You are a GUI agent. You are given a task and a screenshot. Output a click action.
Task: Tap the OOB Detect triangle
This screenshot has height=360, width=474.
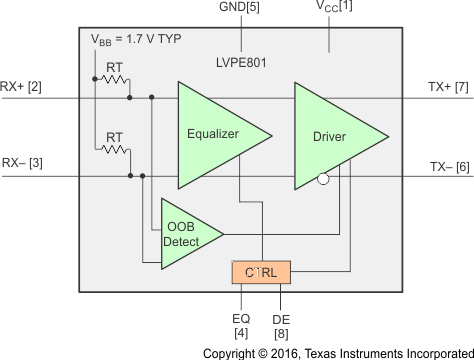coord(188,234)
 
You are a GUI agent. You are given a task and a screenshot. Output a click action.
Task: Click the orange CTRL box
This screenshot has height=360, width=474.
coord(261,272)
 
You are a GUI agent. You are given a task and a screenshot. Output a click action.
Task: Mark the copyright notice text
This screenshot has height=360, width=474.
coord(337,352)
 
